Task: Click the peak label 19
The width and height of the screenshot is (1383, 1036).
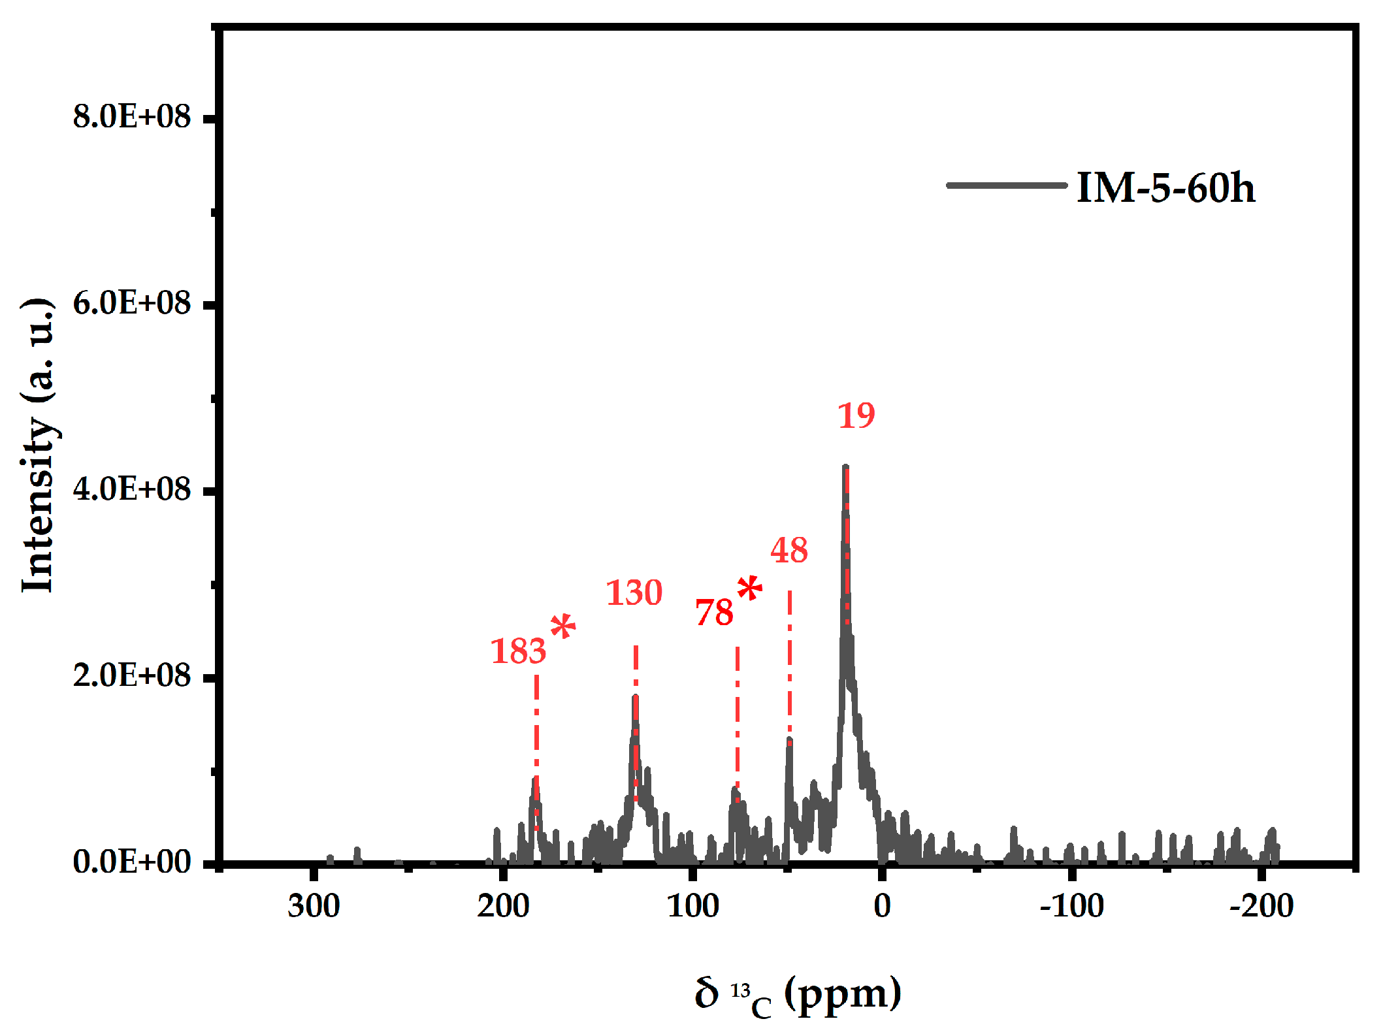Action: click(856, 415)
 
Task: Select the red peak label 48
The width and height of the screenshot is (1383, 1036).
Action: click(789, 550)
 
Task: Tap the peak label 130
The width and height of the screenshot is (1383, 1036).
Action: click(634, 592)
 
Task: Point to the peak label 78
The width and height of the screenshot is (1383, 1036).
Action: click(714, 613)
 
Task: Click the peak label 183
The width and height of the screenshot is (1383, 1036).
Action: click(518, 651)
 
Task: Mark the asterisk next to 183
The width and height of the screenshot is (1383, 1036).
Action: click(562, 626)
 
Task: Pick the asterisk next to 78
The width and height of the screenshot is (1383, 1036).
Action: click(749, 589)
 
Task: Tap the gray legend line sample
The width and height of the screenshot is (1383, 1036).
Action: click(1006, 186)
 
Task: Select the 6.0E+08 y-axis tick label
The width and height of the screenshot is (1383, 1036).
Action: click(131, 303)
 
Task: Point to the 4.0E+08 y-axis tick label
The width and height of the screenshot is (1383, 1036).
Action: click(131, 489)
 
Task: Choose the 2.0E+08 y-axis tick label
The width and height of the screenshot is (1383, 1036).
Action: click(131, 675)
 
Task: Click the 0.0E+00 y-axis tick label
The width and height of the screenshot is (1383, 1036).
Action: click(131, 862)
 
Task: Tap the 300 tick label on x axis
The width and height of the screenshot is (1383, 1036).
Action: click(314, 906)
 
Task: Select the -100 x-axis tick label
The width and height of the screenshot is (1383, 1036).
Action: click(1071, 906)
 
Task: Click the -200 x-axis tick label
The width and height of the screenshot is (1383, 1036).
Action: click(1261, 906)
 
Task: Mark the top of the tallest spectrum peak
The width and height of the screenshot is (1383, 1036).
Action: click(845, 466)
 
